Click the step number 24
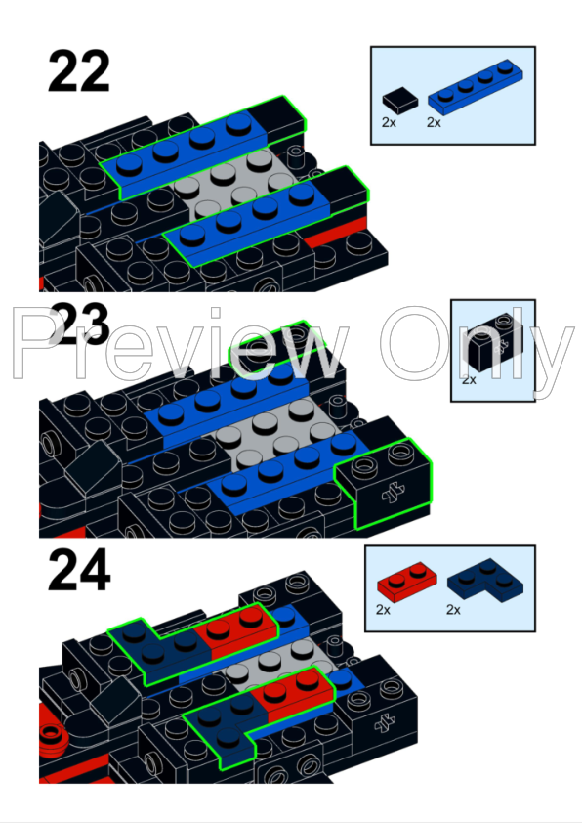[x=79, y=574]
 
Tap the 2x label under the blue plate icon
[x=435, y=123]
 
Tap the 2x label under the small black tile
[x=390, y=123]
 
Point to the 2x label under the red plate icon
[x=383, y=609]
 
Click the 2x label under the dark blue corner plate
[x=454, y=609]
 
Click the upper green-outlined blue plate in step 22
[x=186, y=151]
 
